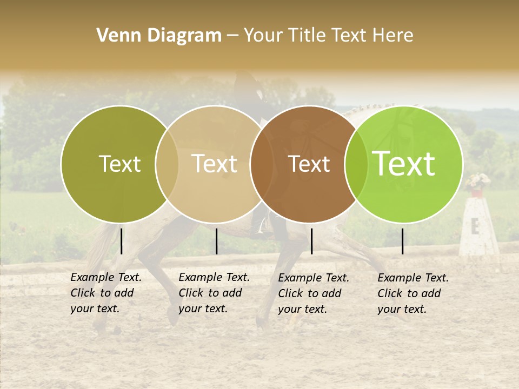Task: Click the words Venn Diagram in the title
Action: [x=159, y=36]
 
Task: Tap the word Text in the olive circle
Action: [x=119, y=164]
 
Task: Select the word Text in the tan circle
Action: [x=214, y=164]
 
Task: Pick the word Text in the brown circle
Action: [x=309, y=164]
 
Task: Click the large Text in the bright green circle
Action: [x=404, y=164]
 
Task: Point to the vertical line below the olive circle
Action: [x=121, y=241]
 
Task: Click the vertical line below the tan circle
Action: [x=216, y=241]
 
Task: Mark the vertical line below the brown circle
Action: [x=311, y=241]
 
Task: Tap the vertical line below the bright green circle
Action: [x=402, y=241]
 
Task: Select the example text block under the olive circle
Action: [x=106, y=293]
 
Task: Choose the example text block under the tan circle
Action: [x=214, y=293]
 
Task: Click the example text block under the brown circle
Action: [x=314, y=293]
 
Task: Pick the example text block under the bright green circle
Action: [x=413, y=293]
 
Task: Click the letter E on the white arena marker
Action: [x=475, y=227]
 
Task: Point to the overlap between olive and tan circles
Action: [x=167, y=164]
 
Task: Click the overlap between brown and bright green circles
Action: [x=356, y=164]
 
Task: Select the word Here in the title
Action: [x=392, y=36]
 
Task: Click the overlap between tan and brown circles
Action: [x=262, y=164]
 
